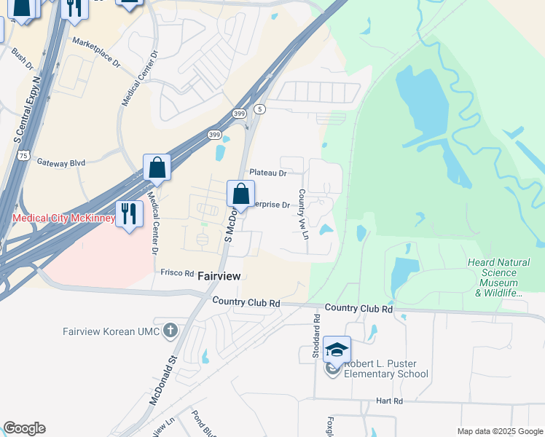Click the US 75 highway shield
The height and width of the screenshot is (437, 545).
click(25, 155)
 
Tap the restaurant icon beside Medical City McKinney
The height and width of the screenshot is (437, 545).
click(129, 213)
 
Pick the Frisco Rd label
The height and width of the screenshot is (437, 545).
click(176, 272)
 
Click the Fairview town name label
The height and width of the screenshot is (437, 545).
click(219, 276)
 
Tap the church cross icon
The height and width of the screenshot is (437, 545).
click(170, 331)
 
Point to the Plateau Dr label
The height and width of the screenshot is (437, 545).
click(268, 173)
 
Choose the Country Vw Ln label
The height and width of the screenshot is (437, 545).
click(302, 214)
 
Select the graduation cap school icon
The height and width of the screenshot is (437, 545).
click(337, 350)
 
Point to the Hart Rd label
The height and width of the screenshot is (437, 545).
click(390, 401)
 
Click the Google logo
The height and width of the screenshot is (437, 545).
click(24, 428)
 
